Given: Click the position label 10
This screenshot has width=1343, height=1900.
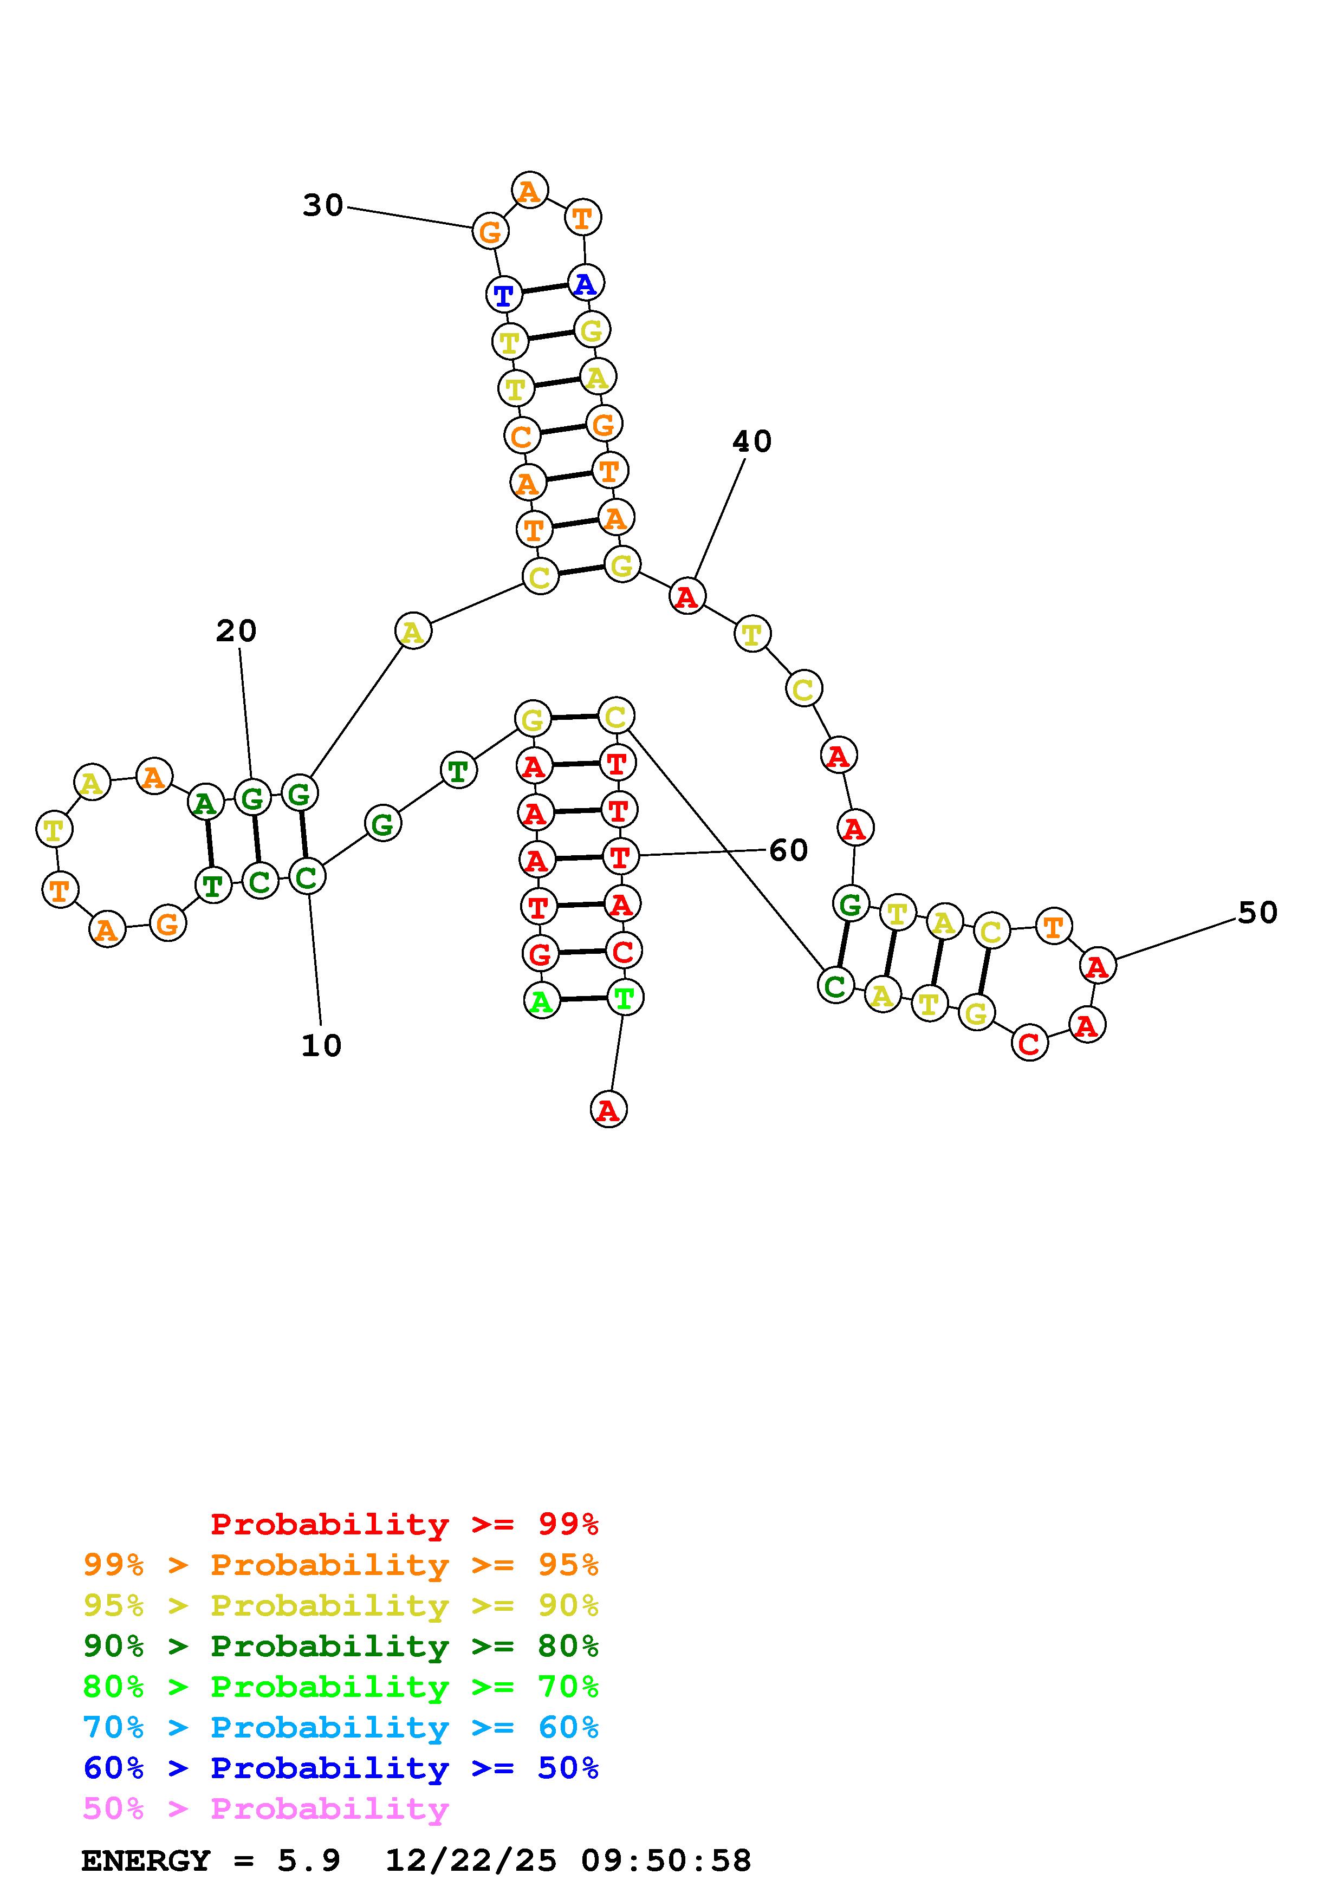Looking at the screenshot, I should (x=321, y=1046).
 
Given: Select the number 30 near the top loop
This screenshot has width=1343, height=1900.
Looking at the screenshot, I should (x=323, y=205).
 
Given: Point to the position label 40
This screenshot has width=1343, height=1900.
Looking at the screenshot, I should (x=751, y=442).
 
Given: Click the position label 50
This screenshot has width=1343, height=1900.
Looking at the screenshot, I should (x=1257, y=913).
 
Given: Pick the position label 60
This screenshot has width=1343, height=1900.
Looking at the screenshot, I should (x=788, y=850).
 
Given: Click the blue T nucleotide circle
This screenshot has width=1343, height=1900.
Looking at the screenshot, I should (x=503, y=295).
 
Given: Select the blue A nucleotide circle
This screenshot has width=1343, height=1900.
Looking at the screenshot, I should (x=585, y=284).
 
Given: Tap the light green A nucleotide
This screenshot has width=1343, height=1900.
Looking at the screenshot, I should (x=541, y=1002).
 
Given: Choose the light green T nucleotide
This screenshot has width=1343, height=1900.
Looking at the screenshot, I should (x=624, y=998).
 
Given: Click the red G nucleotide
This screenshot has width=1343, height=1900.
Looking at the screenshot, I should (x=540, y=954).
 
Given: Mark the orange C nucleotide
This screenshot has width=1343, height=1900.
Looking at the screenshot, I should (x=521, y=435).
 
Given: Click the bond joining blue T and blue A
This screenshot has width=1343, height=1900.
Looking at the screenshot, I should (x=544, y=289).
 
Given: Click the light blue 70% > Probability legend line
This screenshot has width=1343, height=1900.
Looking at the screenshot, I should (x=341, y=1728).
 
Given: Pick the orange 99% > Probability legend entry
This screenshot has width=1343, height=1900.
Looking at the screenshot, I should (x=341, y=1565).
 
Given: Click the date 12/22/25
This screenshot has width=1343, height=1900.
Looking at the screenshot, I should (x=471, y=1861).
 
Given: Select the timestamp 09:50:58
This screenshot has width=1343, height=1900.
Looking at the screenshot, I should (x=666, y=1861).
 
